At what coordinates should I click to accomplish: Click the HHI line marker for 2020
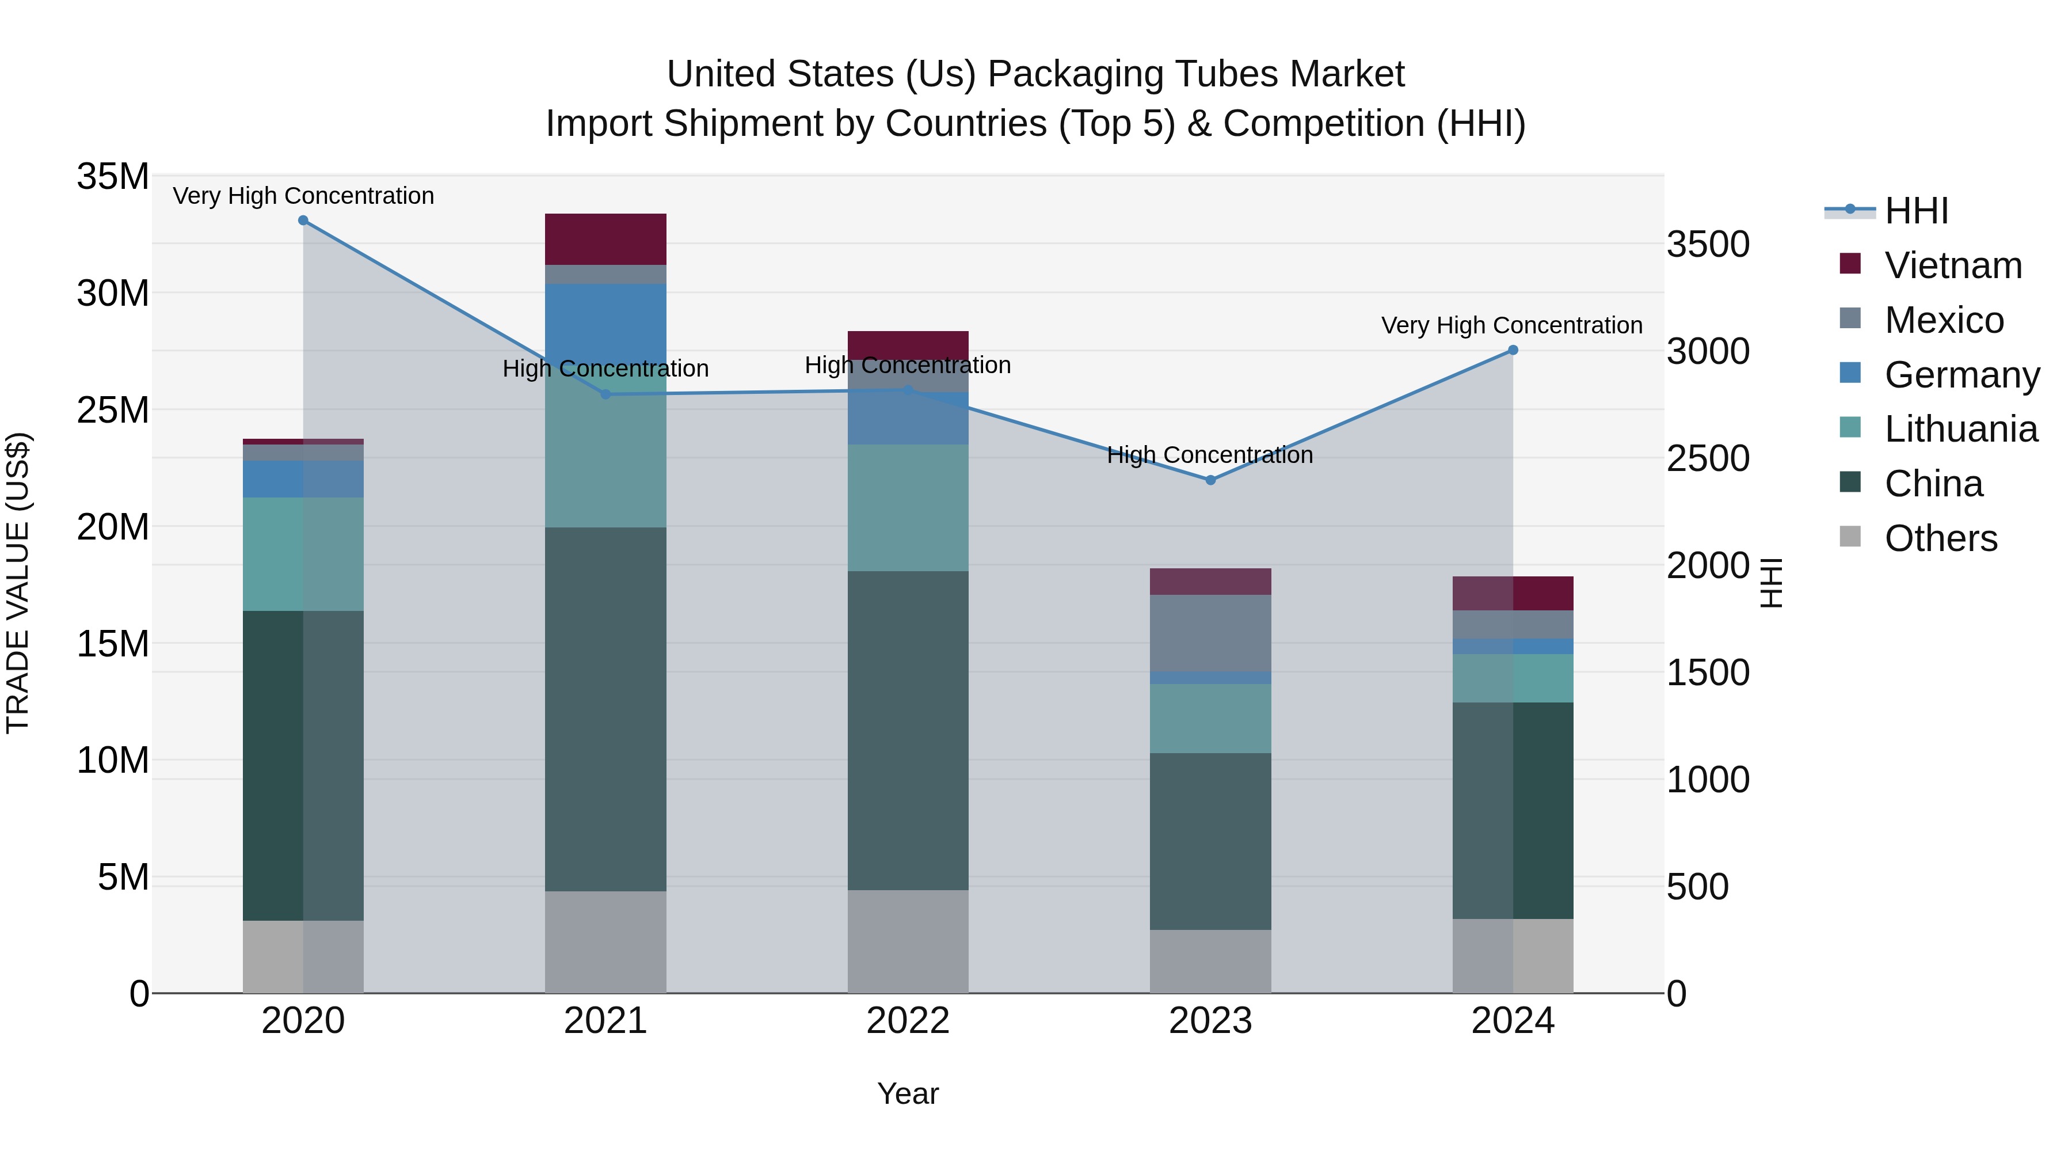(303, 221)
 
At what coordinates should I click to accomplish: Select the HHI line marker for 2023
(1210, 480)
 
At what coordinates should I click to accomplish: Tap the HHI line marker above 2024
(1513, 350)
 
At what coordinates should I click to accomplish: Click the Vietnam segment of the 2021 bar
(605, 239)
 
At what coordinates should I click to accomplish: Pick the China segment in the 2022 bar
(908, 730)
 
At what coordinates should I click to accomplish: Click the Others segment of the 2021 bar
(605, 941)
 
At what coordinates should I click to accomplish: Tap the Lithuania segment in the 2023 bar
(1210, 718)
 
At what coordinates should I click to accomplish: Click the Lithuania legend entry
(1960, 430)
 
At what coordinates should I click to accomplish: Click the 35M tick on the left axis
(113, 176)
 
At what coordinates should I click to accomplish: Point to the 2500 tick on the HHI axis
(1708, 459)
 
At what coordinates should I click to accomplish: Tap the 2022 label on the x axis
(908, 1021)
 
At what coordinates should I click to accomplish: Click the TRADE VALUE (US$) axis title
(18, 583)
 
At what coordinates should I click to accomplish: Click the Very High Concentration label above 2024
(1511, 325)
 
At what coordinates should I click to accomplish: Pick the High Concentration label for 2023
(1210, 455)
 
